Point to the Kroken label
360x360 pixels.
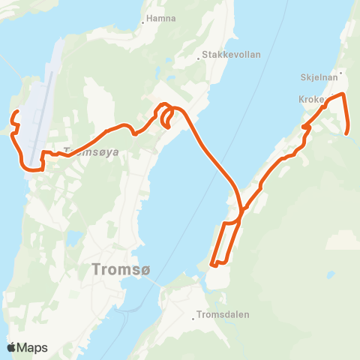310,100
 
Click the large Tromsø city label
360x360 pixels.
117,268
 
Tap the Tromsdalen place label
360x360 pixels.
222,315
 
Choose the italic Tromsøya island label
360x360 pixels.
91,151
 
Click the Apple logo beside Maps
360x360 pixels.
11,347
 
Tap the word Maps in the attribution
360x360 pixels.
33,347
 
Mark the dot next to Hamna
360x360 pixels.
142,22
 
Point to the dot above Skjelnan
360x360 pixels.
340,73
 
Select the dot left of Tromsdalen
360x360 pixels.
194,318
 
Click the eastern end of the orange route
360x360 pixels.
348,133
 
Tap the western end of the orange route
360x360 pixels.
16,112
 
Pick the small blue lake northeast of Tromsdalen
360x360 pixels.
330,274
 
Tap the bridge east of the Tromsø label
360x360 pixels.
160,283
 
